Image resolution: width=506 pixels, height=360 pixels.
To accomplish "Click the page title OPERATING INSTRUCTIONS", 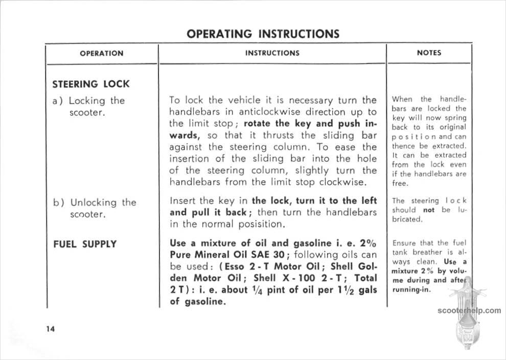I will [263, 34].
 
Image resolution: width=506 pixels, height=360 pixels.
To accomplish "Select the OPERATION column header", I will [101, 53].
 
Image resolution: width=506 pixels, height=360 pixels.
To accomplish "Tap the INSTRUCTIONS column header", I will [272, 53].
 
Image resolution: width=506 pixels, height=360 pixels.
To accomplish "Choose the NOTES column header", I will [429, 53].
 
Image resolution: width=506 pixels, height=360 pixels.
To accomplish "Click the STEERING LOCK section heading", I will [91, 84].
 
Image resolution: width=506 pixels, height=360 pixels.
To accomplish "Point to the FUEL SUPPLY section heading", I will [85, 244].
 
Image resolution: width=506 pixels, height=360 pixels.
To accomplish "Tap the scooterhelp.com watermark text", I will [469, 310].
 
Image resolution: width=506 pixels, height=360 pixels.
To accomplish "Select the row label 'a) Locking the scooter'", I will [89, 106].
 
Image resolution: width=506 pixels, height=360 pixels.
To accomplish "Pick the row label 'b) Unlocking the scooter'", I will [95, 208].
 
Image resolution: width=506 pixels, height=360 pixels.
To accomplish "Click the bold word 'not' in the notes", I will [428, 210].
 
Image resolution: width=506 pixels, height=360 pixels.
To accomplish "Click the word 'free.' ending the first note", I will [400, 183].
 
